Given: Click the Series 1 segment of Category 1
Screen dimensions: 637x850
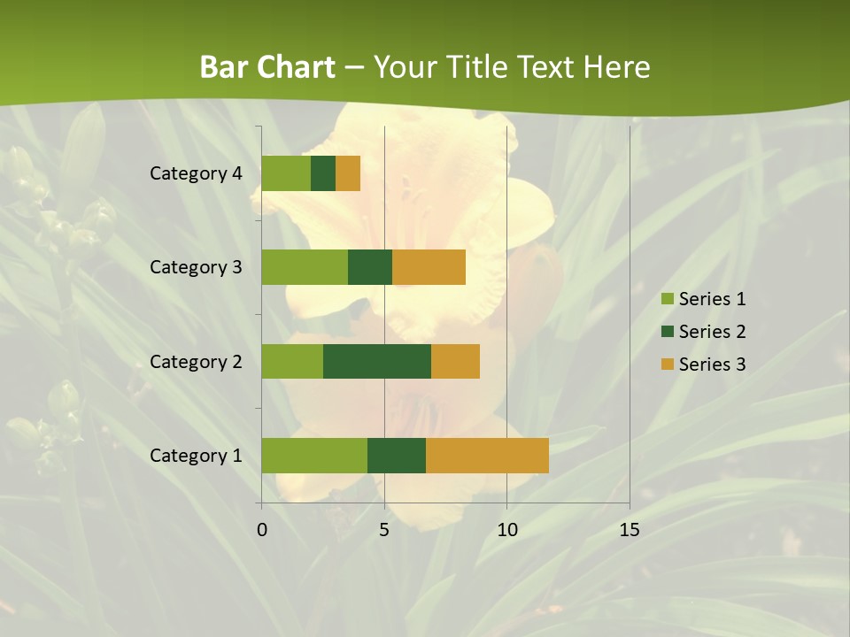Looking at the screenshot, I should [x=314, y=455].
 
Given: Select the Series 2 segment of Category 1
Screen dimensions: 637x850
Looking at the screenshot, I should [x=397, y=455].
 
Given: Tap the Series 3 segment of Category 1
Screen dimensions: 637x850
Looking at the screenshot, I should [x=487, y=455].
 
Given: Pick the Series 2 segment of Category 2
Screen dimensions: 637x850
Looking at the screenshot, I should [x=377, y=361].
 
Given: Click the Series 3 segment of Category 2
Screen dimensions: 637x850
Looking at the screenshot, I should [x=455, y=361].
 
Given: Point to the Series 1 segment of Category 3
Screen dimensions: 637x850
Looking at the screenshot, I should [x=305, y=267].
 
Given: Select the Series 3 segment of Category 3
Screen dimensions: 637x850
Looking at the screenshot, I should [x=429, y=267].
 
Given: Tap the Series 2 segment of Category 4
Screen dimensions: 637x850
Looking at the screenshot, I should [x=323, y=173].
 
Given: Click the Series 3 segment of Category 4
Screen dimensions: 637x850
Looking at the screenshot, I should [x=348, y=173].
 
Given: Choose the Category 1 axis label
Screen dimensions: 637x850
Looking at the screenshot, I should [x=196, y=456].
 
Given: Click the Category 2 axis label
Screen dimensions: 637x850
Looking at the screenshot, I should [x=196, y=362].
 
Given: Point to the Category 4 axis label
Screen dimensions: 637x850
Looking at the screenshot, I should [x=196, y=173].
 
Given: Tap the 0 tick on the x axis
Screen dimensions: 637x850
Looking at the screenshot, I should [x=262, y=530].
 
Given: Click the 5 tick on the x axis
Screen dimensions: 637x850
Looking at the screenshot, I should [x=384, y=530].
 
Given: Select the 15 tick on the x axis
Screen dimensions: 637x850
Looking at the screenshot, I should [x=629, y=530].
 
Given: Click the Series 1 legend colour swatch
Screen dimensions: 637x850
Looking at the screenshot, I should [x=667, y=299].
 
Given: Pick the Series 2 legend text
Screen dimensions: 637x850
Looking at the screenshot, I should [x=712, y=332].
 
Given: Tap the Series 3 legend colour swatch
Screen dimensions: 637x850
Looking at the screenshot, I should [x=667, y=365].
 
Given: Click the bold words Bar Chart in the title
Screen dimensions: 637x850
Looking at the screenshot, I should [x=267, y=67].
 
